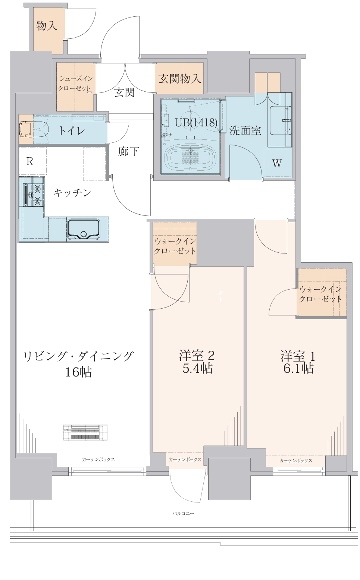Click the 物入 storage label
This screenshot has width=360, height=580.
coord(47,26)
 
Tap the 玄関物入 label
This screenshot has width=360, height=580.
coord(179,79)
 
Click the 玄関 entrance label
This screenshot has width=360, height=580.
coord(124,92)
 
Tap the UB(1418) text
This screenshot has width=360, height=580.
coord(196,123)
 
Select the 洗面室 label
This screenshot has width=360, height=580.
coord(245,130)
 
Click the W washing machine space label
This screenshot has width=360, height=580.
coord(277,163)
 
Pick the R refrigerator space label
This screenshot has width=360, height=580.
coord(30,161)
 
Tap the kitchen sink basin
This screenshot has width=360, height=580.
coord(84,229)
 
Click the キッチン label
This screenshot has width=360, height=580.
coord(72,192)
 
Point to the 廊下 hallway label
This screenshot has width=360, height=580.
coord(128,151)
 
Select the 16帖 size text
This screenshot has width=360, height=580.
coord(78,372)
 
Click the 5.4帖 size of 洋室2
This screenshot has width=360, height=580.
coord(197,369)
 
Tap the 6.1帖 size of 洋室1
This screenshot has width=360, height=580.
coord(298,369)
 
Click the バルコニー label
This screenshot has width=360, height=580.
coord(183,514)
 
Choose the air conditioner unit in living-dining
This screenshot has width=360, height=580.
coord(85,432)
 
